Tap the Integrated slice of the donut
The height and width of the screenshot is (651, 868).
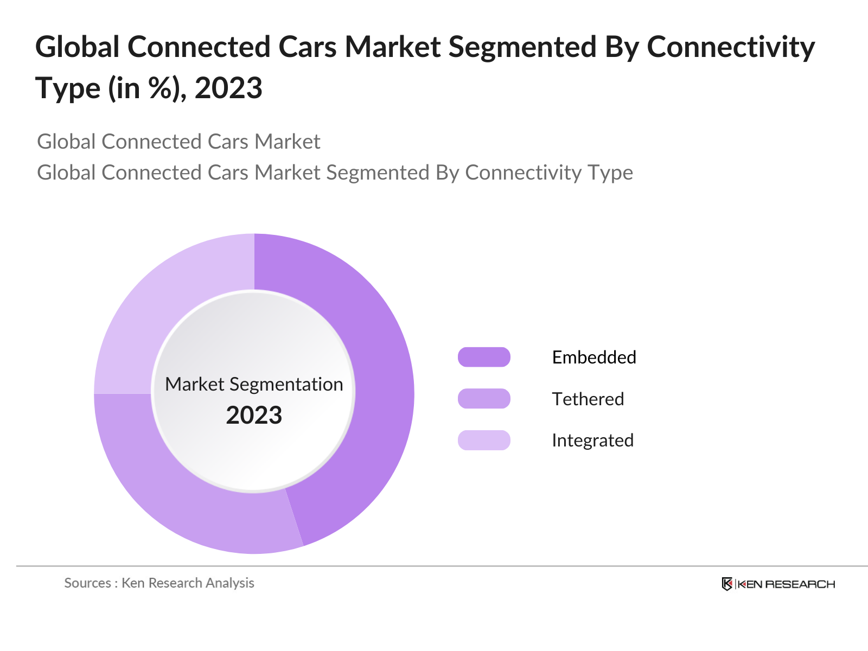(163, 304)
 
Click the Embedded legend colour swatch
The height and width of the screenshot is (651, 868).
(484, 357)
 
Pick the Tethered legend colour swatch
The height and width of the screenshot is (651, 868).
(484, 399)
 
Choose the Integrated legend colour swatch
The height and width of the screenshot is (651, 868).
(484, 440)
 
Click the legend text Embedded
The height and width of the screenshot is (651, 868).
(593, 357)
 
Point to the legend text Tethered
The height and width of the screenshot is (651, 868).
(588, 399)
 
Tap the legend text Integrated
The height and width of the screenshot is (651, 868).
(592, 440)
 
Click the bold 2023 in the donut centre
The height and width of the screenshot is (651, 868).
(254, 415)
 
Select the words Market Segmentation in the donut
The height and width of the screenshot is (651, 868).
(254, 384)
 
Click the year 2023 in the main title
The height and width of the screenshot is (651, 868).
(228, 88)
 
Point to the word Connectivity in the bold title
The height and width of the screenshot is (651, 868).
(731, 47)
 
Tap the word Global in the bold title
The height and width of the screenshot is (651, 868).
(77, 47)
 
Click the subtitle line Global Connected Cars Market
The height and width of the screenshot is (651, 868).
(178, 142)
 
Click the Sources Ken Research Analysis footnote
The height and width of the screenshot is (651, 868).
(159, 583)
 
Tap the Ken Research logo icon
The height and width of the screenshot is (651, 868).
(727, 584)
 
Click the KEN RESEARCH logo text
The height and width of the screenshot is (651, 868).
(786, 584)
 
